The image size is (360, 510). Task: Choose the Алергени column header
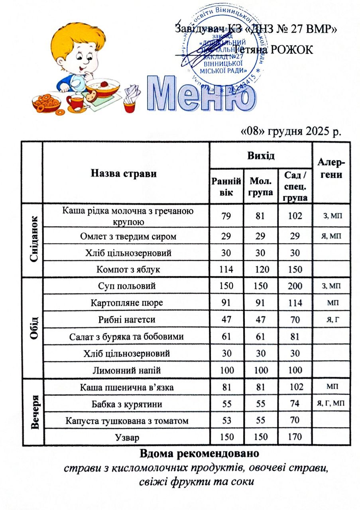(331, 170)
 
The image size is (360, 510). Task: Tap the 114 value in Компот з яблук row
(226, 269)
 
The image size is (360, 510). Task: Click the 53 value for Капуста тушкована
(226, 421)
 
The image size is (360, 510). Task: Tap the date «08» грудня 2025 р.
(291, 131)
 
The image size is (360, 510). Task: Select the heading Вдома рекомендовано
(199, 453)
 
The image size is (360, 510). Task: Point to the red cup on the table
(74, 101)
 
